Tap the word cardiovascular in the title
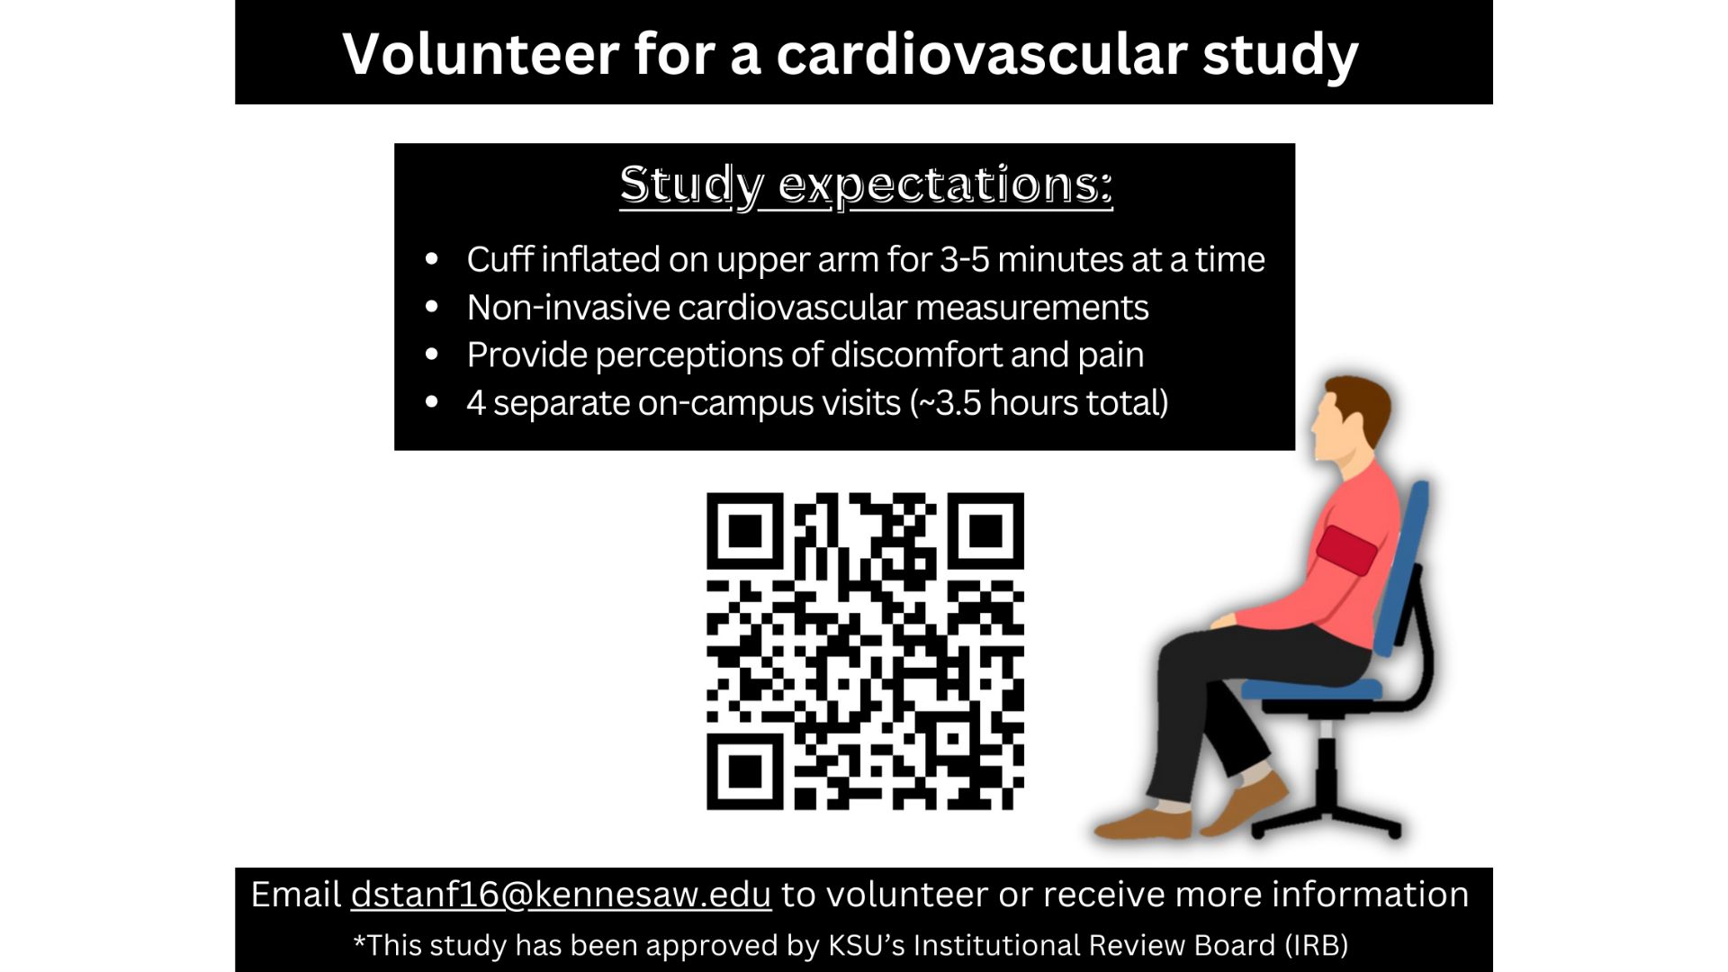point(981,53)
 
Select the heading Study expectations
point(866,185)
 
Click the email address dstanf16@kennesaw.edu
point(561,895)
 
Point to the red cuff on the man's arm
point(1347,550)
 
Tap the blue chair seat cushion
point(1311,689)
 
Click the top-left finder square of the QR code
point(744,531)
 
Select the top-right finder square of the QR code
point(985,531)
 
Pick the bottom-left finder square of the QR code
point(744,771)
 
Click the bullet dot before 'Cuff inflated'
point(432,259)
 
